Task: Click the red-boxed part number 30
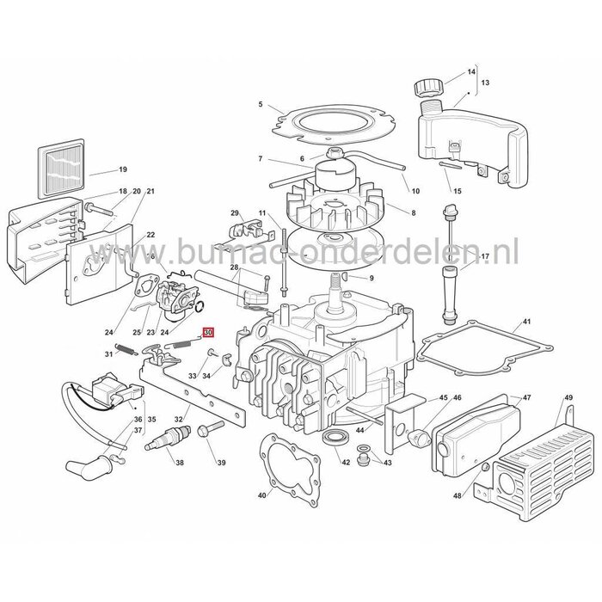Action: (x=207, y=331)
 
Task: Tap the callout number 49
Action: (x=568, y=397)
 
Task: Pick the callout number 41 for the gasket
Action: (x=525, y=323)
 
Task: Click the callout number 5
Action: (x=261, y=105)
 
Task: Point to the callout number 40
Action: (x=261, y=494)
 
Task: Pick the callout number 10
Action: (x=415, y=191)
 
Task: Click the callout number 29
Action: (x=235, y=212)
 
